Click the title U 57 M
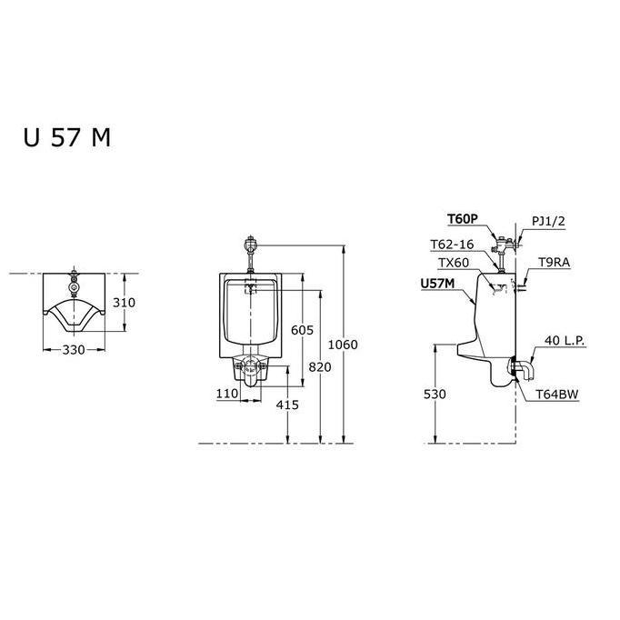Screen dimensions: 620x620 67,137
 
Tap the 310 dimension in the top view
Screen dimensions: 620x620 125,303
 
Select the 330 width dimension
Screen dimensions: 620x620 80,350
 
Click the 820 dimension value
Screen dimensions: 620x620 319,365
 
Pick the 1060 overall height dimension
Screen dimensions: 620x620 343,345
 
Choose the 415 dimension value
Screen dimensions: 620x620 286,405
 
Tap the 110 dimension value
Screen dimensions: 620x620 227,394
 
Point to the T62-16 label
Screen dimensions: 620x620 451,244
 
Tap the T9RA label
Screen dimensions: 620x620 554,262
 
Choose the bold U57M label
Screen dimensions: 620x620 437,285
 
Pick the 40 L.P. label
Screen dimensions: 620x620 565,341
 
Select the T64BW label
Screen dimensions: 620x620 557,394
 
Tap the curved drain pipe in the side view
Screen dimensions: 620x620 528,371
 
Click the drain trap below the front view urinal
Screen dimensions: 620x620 250,369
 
